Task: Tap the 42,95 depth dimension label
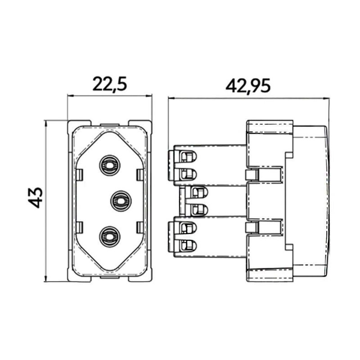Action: [248, 86]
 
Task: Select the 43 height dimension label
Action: [36, 198]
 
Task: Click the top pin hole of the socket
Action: [110, 165]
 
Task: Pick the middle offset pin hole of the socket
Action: [121, 201]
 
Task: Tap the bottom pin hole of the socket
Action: [110, 237]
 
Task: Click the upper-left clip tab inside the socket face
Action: [79, 175]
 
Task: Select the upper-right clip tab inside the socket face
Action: [140, 175]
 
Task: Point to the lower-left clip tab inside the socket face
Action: [79, 227]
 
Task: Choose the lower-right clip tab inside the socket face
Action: [140, 227]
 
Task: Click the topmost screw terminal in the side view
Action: [188, 157]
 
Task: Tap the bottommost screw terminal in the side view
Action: [188, 245]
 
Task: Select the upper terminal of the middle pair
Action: [199, 192]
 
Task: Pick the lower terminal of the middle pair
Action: [199, 210]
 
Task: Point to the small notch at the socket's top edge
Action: [110, 126]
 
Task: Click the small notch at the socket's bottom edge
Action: [110, 277]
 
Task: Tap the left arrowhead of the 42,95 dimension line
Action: [171, 98]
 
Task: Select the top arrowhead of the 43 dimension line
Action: [46, 123]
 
